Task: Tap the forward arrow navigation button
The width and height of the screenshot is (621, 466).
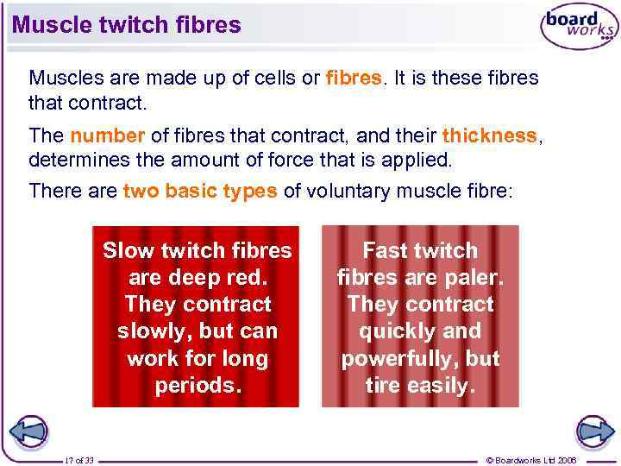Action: click(x=594, y=431)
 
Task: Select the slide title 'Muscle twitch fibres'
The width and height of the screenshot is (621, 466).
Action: click(x=127, y=25)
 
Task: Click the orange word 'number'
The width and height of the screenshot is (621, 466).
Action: click(x=108, y=135)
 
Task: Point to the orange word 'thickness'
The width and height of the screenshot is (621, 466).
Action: click(x=489, y=135)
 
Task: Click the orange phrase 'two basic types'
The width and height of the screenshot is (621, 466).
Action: click(x=200, y=191)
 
